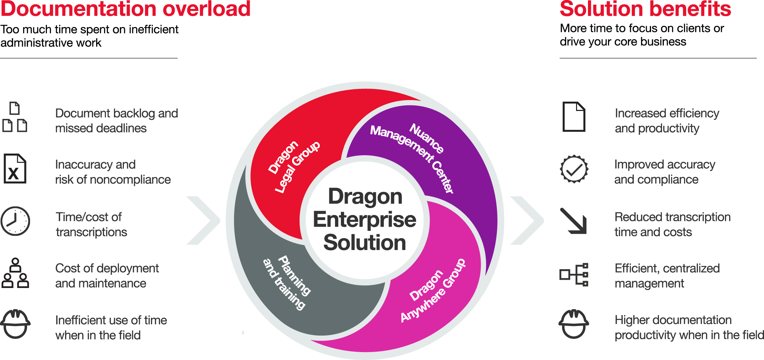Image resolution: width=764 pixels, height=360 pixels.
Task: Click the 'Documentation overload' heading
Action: [126, 9]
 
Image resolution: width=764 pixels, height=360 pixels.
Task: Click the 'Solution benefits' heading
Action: [645, 9]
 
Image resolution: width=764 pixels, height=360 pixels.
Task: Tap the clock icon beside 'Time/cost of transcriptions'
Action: [16, 221]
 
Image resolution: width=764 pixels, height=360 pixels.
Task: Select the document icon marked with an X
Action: [15, 168]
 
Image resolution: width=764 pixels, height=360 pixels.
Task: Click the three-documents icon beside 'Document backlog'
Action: [15, 117]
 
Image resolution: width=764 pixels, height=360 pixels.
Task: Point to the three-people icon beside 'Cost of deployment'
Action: [15, 273]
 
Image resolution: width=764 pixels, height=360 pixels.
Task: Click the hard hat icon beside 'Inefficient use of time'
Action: [16, 324]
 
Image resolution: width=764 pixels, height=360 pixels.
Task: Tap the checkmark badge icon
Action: [574, 169]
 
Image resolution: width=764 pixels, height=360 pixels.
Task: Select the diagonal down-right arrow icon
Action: [574, 221]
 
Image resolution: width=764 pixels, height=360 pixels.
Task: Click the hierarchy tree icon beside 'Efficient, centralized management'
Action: [574, 274]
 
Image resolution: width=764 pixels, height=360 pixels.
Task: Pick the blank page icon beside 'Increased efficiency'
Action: [574, 117]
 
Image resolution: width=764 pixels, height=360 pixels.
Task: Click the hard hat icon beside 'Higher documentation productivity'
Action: [574, 324]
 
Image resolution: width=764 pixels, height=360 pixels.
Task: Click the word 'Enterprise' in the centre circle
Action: [365, 220]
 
